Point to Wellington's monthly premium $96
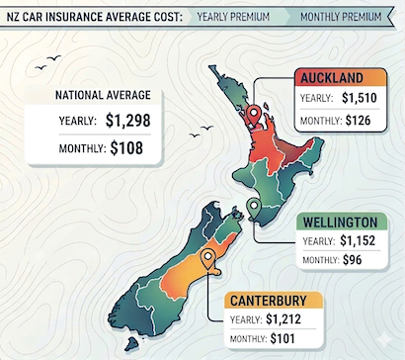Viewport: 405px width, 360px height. (353, 261)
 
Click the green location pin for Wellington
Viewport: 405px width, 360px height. (254, 207)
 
